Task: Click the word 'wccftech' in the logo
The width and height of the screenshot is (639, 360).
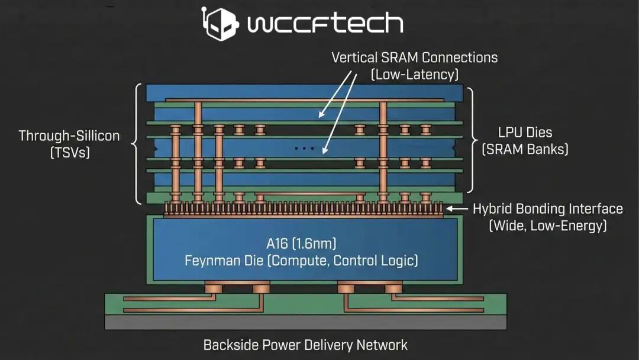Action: point(325,24)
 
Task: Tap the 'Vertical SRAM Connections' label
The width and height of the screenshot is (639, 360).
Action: point(414,58)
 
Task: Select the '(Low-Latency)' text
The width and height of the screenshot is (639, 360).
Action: point(414,75)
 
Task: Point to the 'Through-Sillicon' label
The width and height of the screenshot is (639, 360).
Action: point(69,136)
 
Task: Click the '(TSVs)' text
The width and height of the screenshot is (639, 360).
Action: point(69,152)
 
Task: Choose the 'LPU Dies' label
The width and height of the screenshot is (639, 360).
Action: point(525,133)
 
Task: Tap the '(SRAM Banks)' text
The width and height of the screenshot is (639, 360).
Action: point(525,149)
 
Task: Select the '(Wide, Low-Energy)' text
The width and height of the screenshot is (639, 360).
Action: point(547,226)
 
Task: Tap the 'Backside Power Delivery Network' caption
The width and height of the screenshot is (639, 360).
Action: point(305,345)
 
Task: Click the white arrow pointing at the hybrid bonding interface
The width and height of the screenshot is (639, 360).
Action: point(457,208)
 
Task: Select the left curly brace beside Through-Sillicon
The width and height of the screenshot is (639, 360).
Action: point(137,144)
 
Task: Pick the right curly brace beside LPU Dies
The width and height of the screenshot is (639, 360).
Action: point(472,141)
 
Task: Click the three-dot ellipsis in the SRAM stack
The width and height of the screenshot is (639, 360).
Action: point(304,149)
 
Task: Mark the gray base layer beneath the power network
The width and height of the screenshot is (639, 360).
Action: point(305,322)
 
